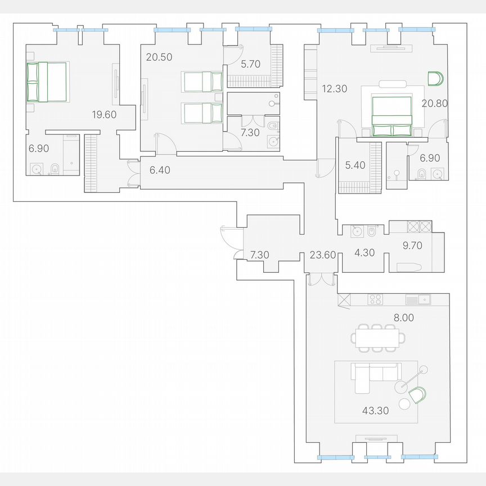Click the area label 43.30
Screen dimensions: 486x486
tap(377, 411)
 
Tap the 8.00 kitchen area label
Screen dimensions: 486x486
tap(403, 317)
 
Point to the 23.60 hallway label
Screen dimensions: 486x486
tap(323, 255)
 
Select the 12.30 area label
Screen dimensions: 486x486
tap(333, 88)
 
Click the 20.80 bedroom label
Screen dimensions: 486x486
tap(433, 103)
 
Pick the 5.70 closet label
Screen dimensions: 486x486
tap(250, 65)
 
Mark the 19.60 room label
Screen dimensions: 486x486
tap(104, 115)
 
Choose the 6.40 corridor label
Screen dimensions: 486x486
tap(160, 169)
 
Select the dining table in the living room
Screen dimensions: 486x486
tap(377, 337)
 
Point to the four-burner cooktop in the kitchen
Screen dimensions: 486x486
tap(375, 299)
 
